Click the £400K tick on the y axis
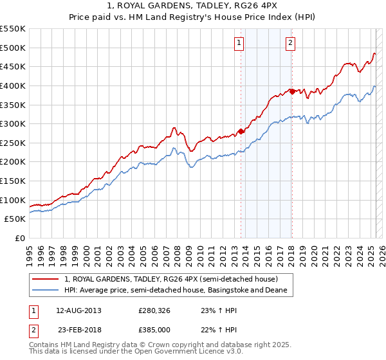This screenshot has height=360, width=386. pyautogui.click(x=13, y=85)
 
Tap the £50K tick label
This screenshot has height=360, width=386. pyautogui.click(x=15, y=219)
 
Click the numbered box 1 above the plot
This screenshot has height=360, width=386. pyautogui.click(x=239, y=43)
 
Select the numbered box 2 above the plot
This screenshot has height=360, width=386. pyautogui.click(x=290, y=43)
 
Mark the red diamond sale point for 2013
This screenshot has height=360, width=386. pyautogui.click(x=241, y=131)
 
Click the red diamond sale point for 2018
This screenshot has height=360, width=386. pyautogui.click(x=292, y=91)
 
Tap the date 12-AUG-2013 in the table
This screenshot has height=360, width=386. pyautogui.click(x=78, y=310)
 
